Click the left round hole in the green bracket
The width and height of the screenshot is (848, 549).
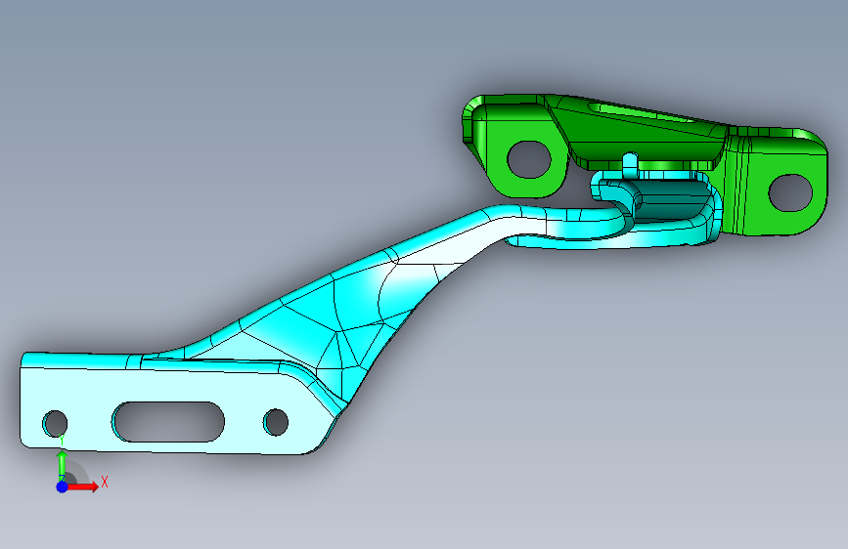pyautogui.click(x=529, y=159)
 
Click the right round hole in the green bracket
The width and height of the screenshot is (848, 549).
pyautogui.click(x=790, y=192)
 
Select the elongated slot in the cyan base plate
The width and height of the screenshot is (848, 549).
pyautogui.click(x=168, y=421)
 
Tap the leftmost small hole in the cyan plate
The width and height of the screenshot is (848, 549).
pyautogui.click(x=55, y=424)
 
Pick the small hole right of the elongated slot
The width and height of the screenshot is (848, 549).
pyautogui.click(x=275, y=422)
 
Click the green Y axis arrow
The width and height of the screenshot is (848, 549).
pyautogui.click(x=63, y=465)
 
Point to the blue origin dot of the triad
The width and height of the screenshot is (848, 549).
pyautogui.click(x=63, y=486)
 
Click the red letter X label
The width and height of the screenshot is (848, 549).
pyautogui.click(x=105, y=482)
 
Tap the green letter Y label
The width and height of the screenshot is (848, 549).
pyautogui.click(x=63, y=441)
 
